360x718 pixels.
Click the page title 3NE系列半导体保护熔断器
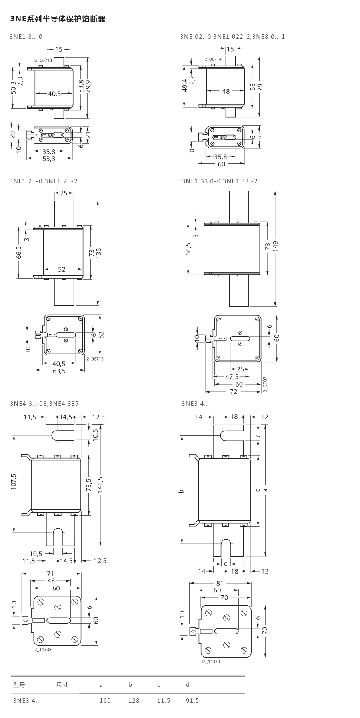(x=58, y=19)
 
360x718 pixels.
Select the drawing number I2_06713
(x=43, y=60)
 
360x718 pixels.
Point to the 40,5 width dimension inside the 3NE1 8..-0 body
(x=54, y=94)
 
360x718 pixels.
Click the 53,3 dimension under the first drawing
(x=50, y=159)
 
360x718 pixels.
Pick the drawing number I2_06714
(x=212, y=59)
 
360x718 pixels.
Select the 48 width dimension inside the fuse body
(x=226, y=91)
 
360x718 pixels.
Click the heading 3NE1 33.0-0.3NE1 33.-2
(x=220, y=181)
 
